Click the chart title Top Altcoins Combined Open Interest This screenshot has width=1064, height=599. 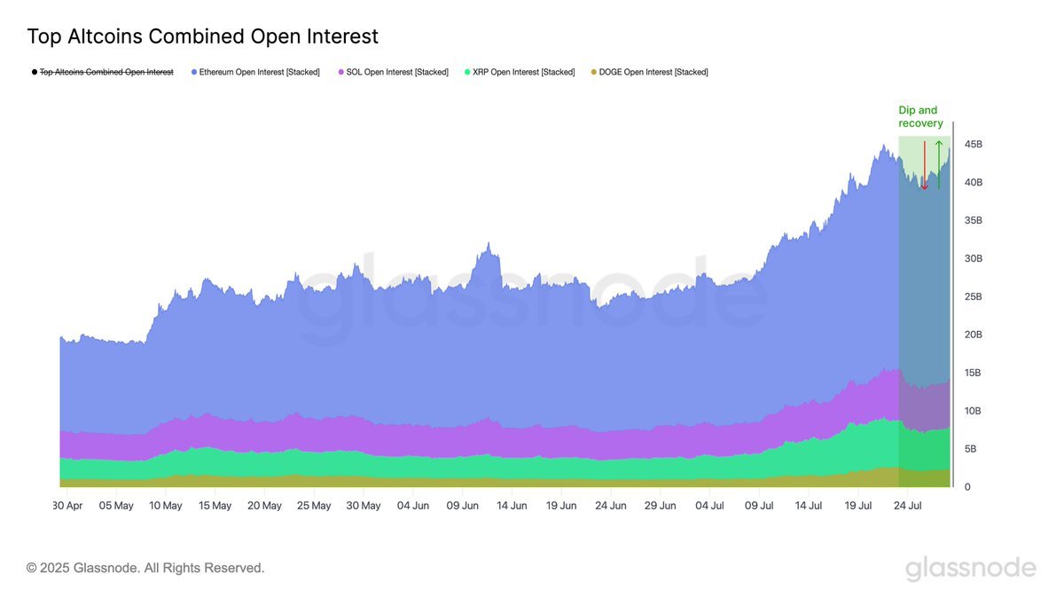point(202,36)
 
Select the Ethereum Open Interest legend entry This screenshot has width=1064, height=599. point(255,72)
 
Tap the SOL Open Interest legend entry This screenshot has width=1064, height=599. point(393,72)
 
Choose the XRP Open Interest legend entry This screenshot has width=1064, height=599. point(519,72)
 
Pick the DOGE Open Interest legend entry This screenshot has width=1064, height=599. point(649,72)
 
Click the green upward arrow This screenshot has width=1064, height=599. point(939,165)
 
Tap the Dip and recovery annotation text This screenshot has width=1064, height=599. point(920,117)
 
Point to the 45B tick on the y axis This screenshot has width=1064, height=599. point(973,144)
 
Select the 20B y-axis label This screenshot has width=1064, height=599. point(973,335)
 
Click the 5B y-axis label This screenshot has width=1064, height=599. point(970,449)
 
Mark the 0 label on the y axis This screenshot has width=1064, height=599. point(967,487)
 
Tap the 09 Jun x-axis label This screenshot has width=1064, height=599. point(462,506)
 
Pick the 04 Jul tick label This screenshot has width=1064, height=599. point(709,506)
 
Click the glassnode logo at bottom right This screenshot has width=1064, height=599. point(970,568)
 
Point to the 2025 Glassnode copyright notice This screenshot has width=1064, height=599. point(145,568)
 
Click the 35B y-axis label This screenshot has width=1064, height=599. point(973,220)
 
